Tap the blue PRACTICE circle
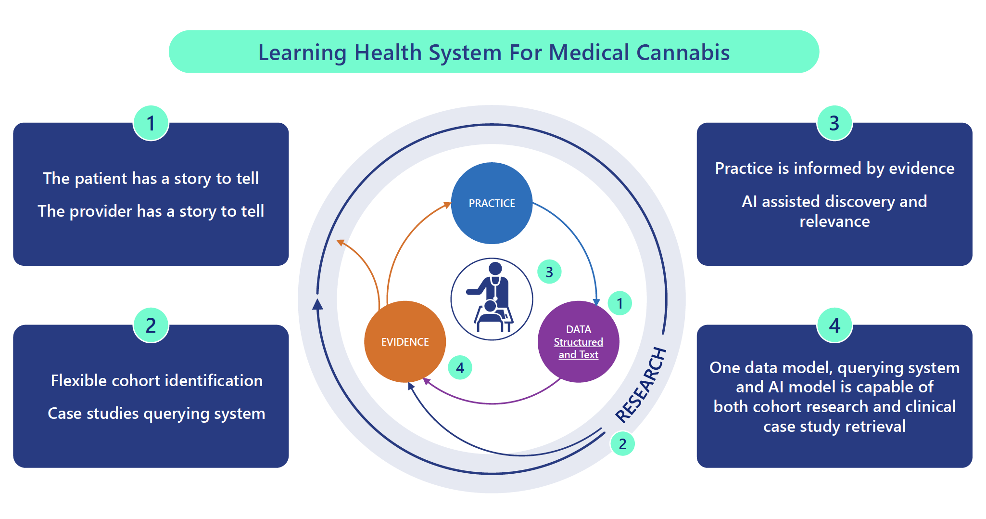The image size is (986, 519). click(x=492, y=203)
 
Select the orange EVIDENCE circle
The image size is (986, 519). click(x=405, y=342)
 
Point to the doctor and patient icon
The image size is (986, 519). click(x=492, y=299)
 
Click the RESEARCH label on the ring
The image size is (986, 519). click(x=641, y=385)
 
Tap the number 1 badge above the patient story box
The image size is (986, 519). click(x=151, y=123)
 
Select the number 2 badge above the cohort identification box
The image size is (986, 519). click(x=151, y=325)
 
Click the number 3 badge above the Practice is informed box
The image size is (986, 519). click(x=834, y=123)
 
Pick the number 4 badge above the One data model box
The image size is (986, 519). click(x=834, y=325)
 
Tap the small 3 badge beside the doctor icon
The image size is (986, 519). click(x=549, y=272)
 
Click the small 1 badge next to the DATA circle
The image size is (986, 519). click(x=619, y=303)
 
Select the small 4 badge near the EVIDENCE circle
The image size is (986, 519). click(x=460, y=368)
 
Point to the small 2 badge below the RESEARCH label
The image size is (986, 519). click(x=622, y=443)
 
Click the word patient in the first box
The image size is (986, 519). click(x=101, y=179)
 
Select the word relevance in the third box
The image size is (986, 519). click(x=834, y=221)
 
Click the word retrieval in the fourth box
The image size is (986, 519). click(x=875, y=427)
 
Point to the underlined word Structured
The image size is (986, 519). click(x=578, y=342)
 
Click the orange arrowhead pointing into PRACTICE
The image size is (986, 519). click(x=447, y=205)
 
